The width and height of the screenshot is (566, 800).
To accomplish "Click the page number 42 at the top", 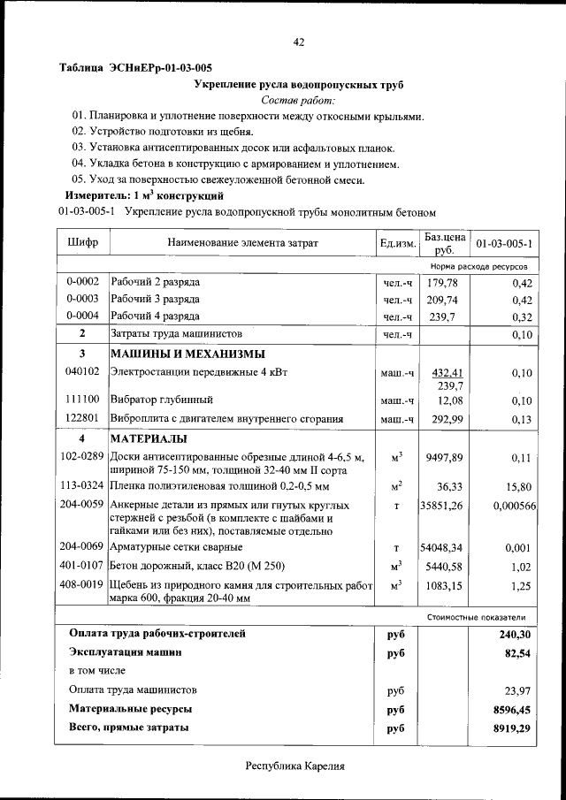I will tap(299, 42).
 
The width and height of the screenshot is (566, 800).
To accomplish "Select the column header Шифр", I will tap(82, 242).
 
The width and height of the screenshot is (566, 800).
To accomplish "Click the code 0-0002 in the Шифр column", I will tap(82, 282).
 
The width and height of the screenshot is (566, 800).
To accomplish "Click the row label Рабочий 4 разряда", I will tap(155, 316).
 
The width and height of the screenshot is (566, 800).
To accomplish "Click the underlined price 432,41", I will tap(445, 373).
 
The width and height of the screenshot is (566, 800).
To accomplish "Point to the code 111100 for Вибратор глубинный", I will tap(82, 400).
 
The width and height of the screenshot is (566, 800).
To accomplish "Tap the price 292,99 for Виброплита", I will tap(445, 419).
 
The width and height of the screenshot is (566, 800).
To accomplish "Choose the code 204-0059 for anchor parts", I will tap(82, 505).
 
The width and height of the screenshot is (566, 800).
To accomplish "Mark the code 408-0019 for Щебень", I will tap(82, 585).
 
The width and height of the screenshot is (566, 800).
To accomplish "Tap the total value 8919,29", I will tap(512, 728).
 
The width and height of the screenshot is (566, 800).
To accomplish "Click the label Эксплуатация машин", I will tap(126, 652).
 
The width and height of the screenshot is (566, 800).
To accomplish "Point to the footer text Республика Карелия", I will tap(294, 766).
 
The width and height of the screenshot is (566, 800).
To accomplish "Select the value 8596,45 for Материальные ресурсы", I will tap(512, 709).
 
